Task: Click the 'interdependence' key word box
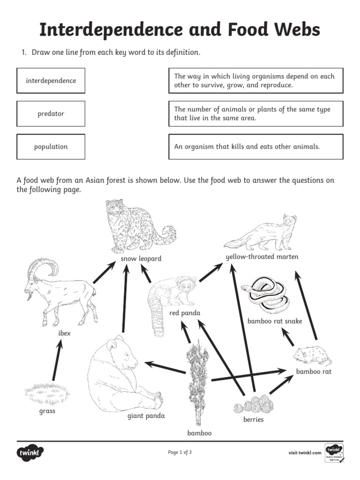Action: [51, 81]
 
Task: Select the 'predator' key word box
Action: [51, 113]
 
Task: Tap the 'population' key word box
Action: [51, 147]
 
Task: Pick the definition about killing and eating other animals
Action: [255, 147]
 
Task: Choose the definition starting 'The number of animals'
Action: [255, 113]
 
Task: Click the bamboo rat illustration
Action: [311, 356]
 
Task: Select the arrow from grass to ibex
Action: [57, 360]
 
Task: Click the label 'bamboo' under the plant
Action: [200, 433]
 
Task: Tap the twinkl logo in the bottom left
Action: [30, 453]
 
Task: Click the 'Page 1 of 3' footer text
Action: [180, 452]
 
